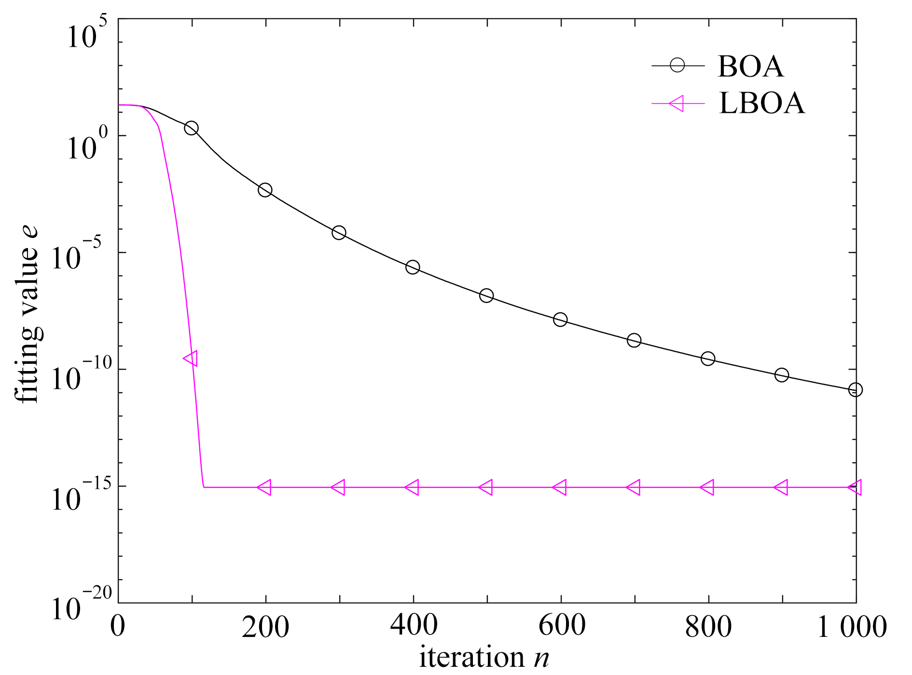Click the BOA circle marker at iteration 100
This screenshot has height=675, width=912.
point(191,128)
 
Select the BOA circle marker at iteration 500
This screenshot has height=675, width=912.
point(486,295)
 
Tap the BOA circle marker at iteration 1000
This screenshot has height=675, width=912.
point(855,389)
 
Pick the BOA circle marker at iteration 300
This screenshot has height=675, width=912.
point(339,233)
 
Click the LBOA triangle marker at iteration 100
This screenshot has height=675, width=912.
point(191,358)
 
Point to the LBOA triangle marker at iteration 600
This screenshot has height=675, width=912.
point(560,487)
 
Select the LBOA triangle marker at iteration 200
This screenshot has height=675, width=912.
point(265,487)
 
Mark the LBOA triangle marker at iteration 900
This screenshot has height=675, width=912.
point(781,487)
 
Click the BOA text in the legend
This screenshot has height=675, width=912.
point(750,67)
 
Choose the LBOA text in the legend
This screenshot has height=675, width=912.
point(762,103)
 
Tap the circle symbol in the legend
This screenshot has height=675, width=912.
point(677,65)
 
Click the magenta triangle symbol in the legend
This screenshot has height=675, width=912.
point(677,103)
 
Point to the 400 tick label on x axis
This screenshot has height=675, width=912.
point(414,626)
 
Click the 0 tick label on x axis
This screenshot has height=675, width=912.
point(118,626)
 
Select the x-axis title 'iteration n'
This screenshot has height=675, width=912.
point(484,657)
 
